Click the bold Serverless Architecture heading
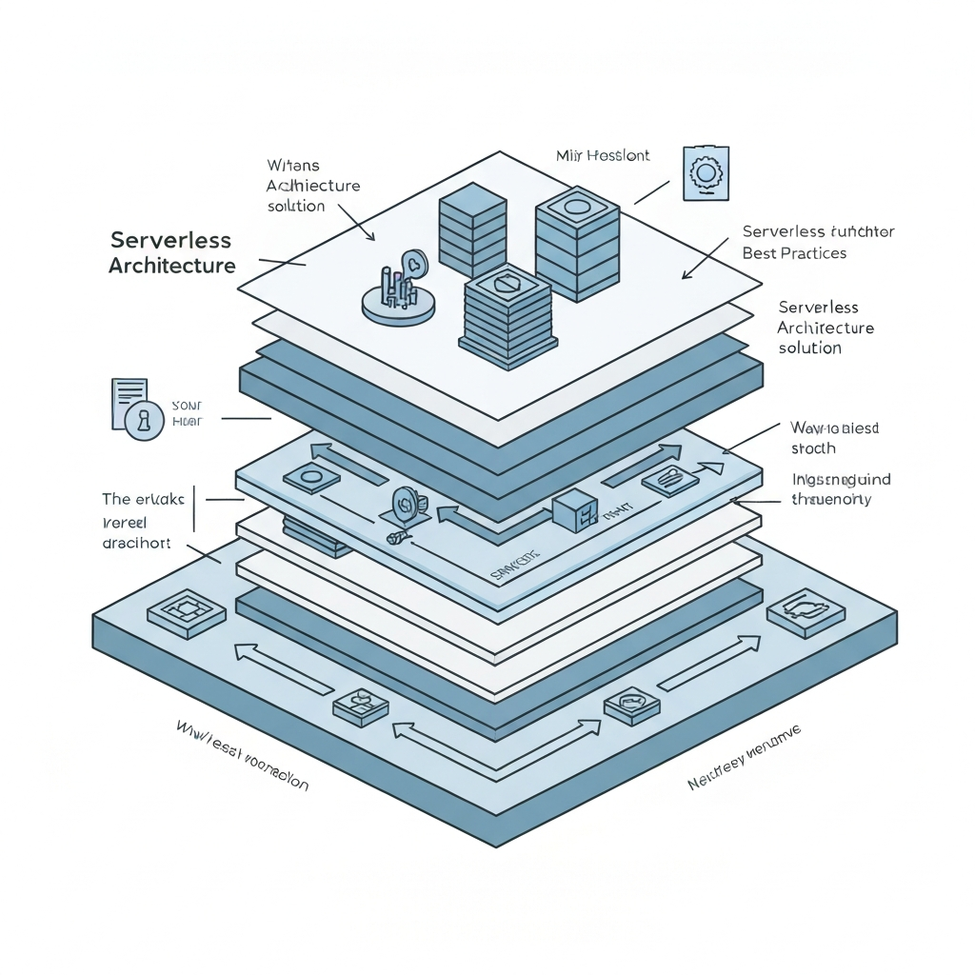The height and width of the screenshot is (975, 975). [x=171, y=252]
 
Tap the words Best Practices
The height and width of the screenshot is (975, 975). [x=794, y=253]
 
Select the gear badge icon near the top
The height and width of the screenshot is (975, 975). [x=706, y=173]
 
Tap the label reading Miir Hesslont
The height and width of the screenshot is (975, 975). [x=602, y=154]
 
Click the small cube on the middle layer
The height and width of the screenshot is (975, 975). [x=574, y=510]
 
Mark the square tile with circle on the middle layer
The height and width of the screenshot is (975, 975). [x=311, y=477]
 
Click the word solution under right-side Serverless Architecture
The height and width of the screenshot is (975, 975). [x=809, y=348]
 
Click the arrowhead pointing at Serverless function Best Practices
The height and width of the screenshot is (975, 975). [x=685, y=276]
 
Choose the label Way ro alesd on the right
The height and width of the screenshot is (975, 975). [x=834, y=428]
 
